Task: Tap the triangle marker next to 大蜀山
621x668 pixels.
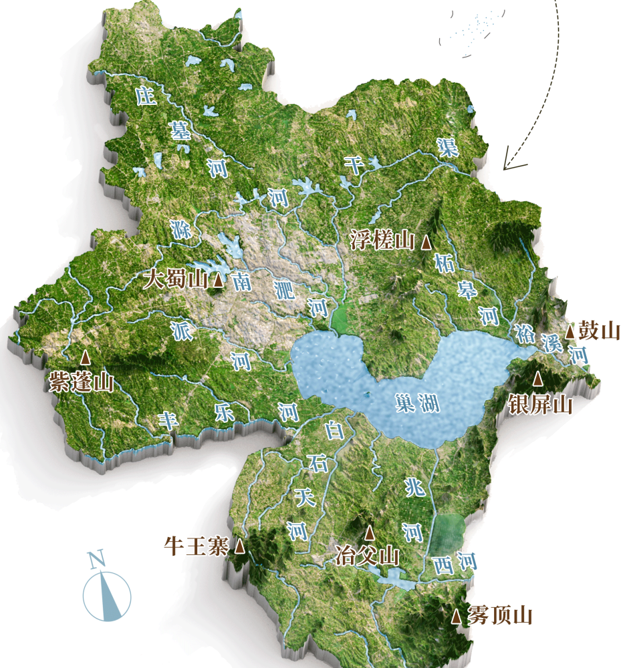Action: coord(218,281)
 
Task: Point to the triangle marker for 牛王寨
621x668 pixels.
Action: coord(239,547)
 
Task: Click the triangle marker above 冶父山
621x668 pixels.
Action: coord(369,532)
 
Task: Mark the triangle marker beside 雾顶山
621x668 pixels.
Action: coord(456,617)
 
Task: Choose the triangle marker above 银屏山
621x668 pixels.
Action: coord(538,379)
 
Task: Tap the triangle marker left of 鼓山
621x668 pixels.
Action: coord(570,331)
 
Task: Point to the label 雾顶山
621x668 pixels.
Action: coord(500,615)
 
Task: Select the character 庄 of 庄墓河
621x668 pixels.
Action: coord(146,96)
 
